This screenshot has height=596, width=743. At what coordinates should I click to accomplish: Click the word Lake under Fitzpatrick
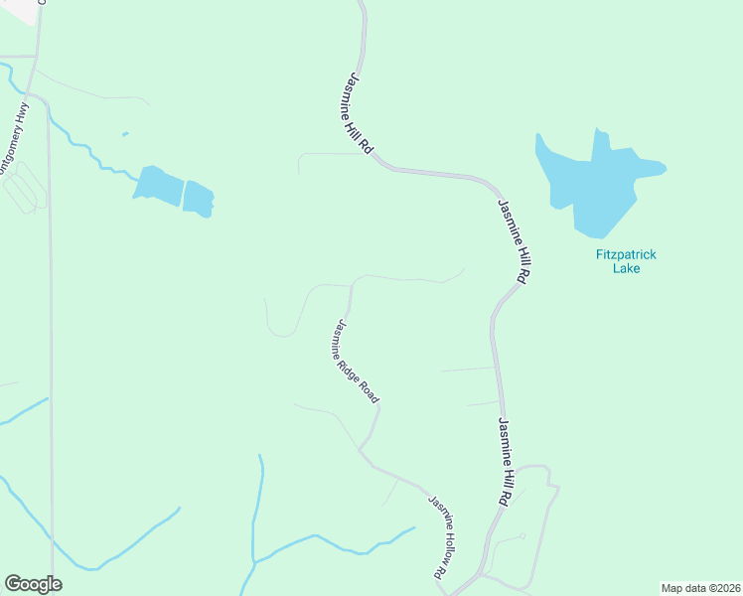pyautogui.click(x=626, y=268)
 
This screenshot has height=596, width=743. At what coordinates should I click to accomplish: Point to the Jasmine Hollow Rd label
pyautogui.click(x=448, y=536)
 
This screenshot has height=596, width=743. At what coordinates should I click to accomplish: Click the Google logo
pyautogui.click(x=33, y=584)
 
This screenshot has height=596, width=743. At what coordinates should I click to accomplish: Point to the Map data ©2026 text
pyautogui.click(x=699, y=588)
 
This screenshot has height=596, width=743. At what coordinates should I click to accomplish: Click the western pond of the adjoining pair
pyautogui.click(x=158, y=185)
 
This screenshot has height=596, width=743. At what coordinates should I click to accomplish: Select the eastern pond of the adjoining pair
pyautogui.click(x=199, y=198)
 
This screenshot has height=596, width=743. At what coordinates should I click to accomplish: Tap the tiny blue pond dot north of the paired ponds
pyautogui.click(x=124, y=134)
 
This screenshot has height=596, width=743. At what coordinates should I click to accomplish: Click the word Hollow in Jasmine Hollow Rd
pyautogui.click(x=450, y=536)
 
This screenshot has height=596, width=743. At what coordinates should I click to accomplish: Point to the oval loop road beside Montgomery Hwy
pyautogui.click(x=24, y=187)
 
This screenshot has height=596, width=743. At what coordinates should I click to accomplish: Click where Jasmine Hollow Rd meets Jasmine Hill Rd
pyautogui.click(x=478, y=573)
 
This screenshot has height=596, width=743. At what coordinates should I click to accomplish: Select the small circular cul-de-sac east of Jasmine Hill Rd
pyautogui.click(x=521, y=536)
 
